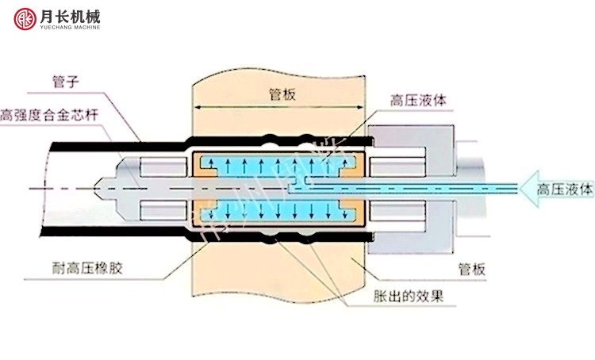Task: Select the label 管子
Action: click(x=66, y=80)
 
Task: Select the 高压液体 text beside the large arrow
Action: click(x=565, y=190)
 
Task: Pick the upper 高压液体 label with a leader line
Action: click(x=417, y=101)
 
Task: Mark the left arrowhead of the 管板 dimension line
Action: click(x=198, y=108)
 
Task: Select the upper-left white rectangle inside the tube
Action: click(x=162, y=168)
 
